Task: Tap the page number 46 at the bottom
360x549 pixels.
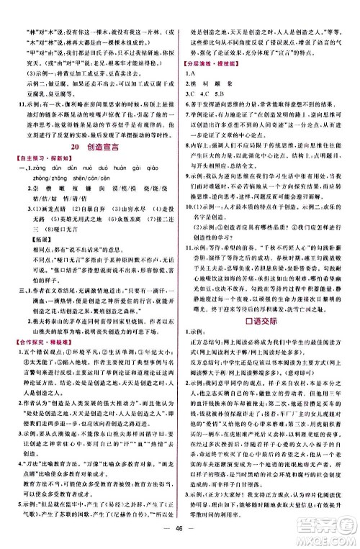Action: [180, 532]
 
